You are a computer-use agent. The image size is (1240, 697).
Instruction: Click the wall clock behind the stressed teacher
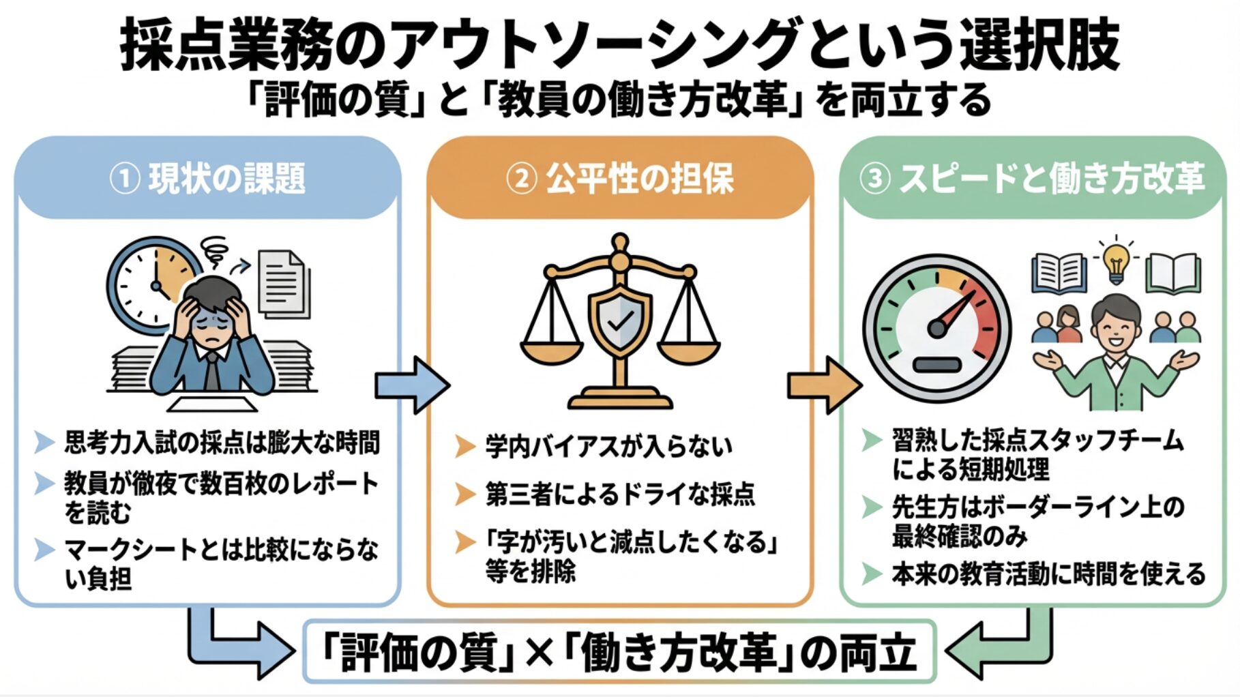click(x=147, y=283)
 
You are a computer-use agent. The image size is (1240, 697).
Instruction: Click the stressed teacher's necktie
click(x=213, y=372)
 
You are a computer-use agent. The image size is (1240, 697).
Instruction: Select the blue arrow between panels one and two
click(x=411, y=385)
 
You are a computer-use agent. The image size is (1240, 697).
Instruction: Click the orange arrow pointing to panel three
click(x=823, y=385)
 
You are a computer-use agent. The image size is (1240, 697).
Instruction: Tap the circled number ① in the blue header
click(x=125, y=179)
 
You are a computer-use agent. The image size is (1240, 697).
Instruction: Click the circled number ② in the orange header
click(x=522, y=179)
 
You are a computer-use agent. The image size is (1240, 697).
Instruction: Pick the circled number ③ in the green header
click(x=875, y=179)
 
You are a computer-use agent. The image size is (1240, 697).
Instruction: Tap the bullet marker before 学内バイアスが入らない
click(x=464, y=447)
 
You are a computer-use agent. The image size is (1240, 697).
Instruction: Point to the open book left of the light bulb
click(x=1059, y=272)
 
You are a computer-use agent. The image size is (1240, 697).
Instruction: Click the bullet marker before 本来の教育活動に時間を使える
click(x=871, y=574)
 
